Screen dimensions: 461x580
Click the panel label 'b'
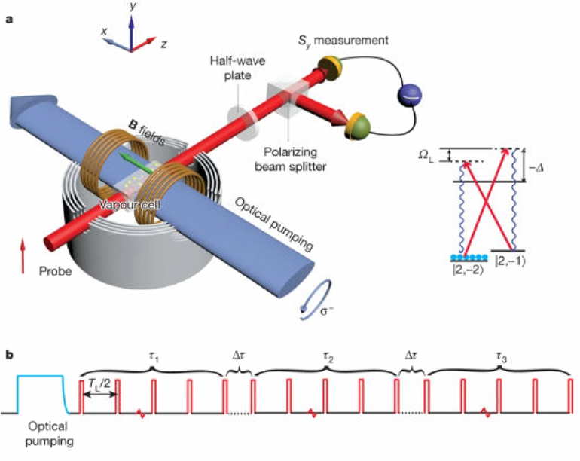9,353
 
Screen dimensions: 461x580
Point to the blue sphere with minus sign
411,96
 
